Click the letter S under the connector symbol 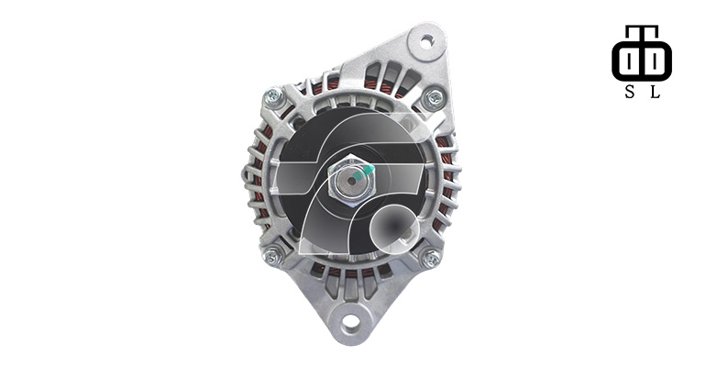[630, 92]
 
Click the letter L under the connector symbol [656, 92]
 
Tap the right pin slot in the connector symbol [655, 61]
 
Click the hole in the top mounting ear [426, 42]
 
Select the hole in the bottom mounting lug [351, 321]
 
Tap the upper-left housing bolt [273, 96]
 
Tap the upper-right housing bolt [435, 98]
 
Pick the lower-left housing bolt [272, 257]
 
